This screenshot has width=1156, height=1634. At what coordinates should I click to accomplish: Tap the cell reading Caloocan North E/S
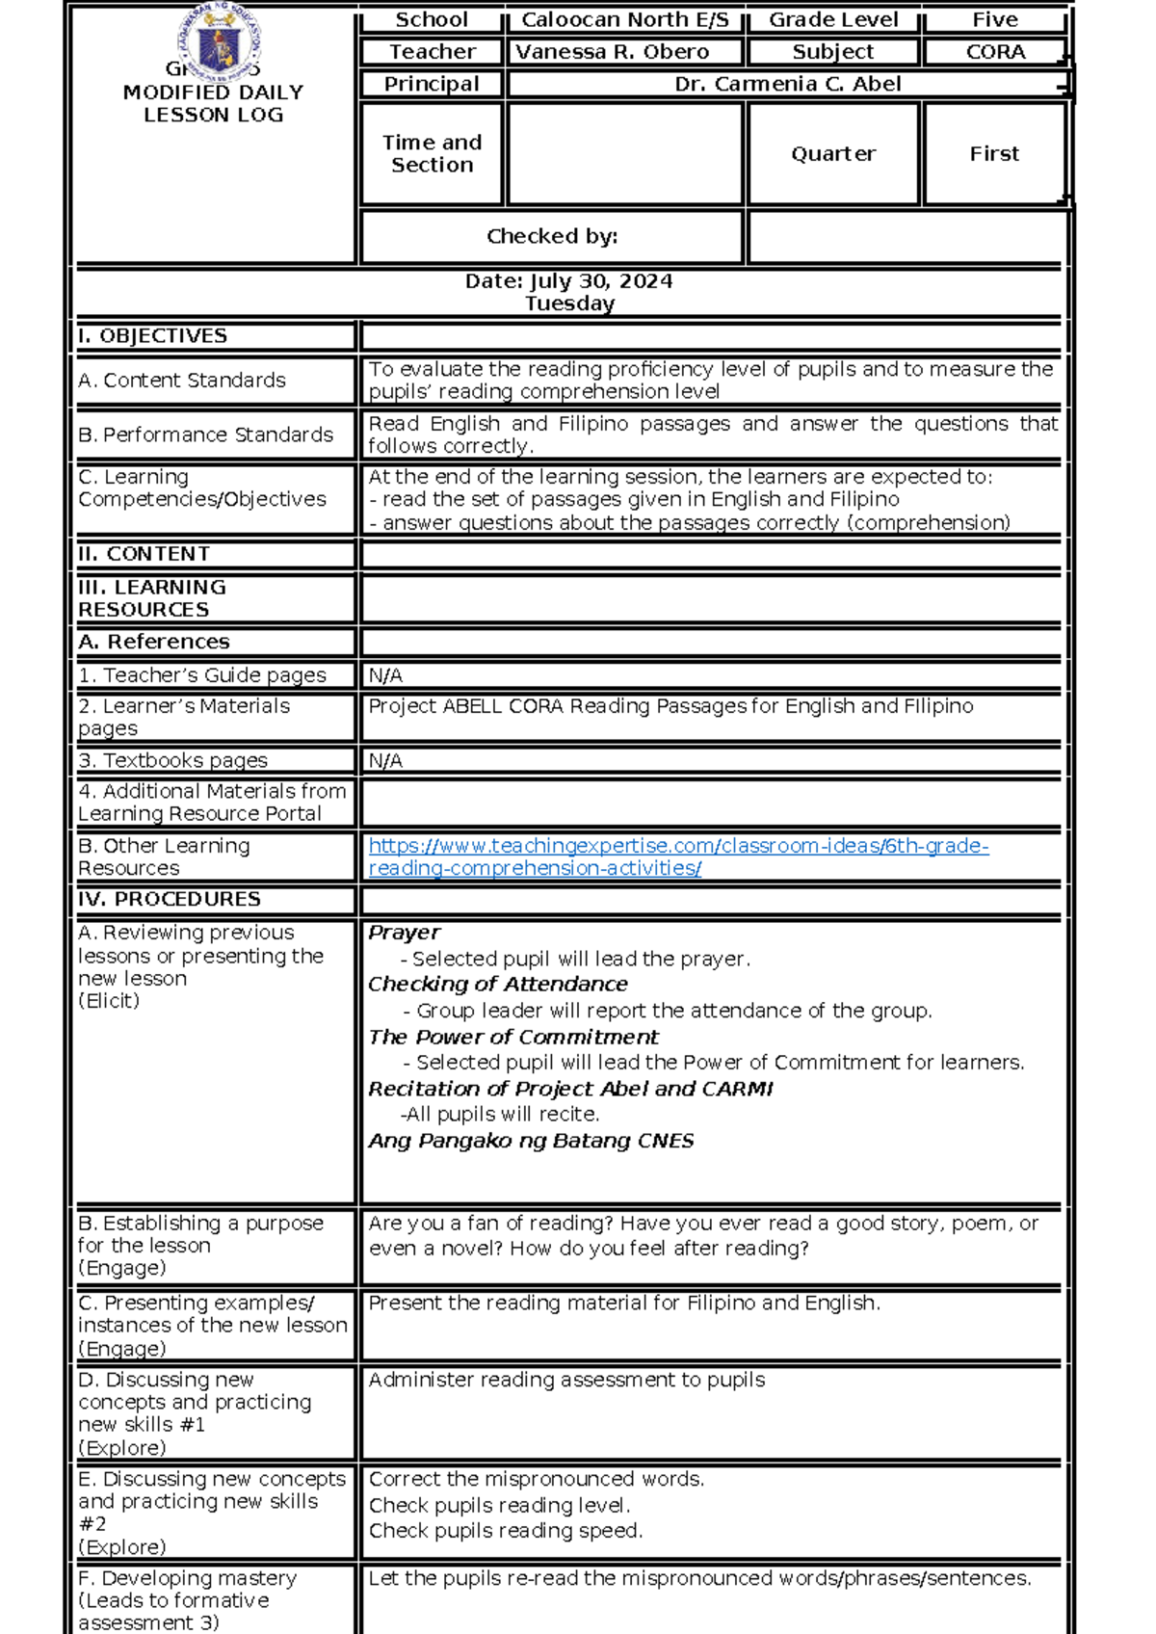pos(624,19)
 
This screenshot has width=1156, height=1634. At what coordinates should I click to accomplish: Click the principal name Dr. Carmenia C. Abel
pos(787,84)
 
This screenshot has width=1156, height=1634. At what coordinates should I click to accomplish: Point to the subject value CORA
pos(995,52)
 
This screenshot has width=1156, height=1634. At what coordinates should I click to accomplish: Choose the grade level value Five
pos(995,19)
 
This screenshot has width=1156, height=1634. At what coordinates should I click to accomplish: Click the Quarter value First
pos(994,154)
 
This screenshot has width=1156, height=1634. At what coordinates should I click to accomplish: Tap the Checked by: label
pos(552,236)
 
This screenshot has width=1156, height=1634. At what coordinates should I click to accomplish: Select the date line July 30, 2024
pos(568,281)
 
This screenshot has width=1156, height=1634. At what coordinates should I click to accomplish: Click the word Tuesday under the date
pos(569,303)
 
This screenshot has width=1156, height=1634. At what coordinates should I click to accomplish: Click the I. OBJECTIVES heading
pos(153,336)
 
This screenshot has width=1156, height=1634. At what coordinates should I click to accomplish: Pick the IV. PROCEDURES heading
pos(170,899)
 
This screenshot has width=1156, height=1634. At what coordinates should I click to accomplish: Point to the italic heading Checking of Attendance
pos(498,984)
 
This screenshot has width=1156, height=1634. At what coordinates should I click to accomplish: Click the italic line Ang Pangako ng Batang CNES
pos(531,1141)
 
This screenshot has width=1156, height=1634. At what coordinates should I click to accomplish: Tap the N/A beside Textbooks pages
pos(385,761)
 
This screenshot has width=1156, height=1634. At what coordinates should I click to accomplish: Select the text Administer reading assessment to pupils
pos(566,1380)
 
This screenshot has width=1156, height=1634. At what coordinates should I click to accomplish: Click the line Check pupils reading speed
pos(505,1530)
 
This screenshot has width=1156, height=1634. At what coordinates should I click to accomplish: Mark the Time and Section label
pos(432,154)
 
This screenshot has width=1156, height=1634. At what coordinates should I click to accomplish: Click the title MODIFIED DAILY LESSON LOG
pos(214,104)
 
